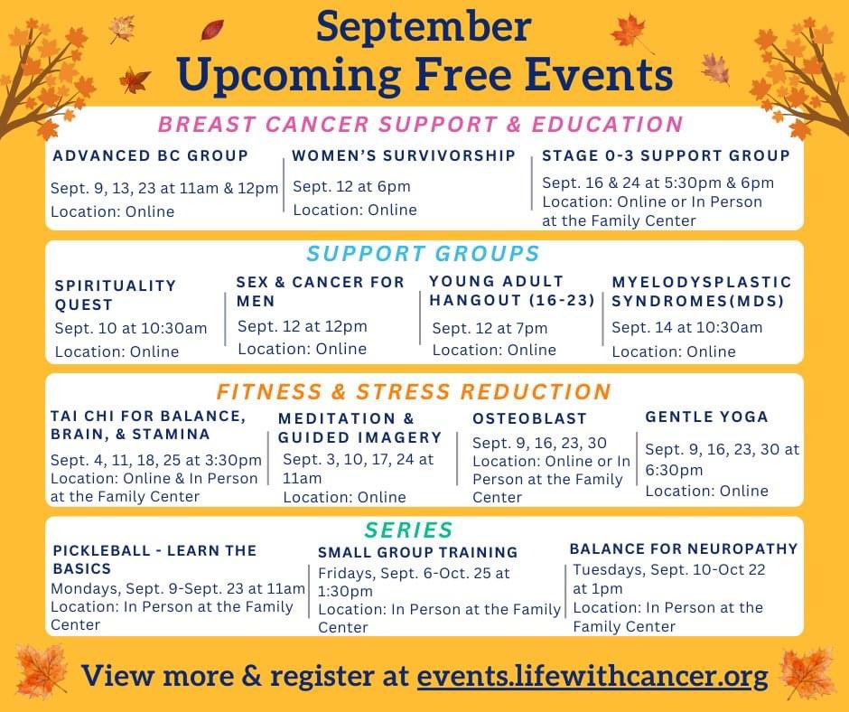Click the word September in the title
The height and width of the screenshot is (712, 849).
coord(424,27)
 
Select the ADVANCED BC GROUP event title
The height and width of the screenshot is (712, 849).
coord(151,155)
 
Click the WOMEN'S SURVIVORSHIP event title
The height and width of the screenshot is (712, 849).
coord(404,155)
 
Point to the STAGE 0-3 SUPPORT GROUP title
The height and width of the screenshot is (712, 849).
coord(666,155)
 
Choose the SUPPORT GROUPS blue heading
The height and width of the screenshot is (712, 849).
coord(423,253)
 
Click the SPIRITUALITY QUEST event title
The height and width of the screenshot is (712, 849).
coord(116,295)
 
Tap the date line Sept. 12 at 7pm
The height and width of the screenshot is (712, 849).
coord(490,328)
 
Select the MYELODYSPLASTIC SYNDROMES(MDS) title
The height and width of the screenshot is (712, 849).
coord(702,292)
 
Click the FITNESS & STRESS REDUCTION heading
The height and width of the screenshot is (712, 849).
coord(414,391)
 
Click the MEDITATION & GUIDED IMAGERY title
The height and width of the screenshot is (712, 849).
coord(360,428)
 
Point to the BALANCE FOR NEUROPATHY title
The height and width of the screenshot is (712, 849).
coord(684,548)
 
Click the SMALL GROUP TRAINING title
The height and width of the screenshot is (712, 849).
coord(417,552)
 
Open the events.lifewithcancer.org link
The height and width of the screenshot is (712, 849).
coord(592,676)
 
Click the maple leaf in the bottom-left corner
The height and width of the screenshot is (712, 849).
coord(42,672)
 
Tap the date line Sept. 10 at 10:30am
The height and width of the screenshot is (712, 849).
coord(131,328)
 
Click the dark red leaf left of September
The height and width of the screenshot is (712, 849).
coord(212,31)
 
